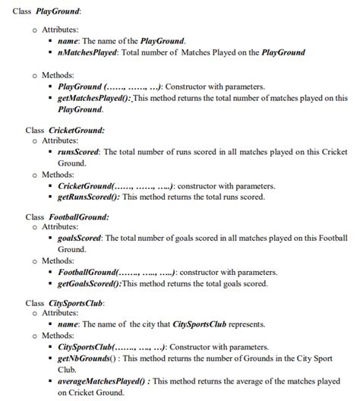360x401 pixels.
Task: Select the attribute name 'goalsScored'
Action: point(80,238)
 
